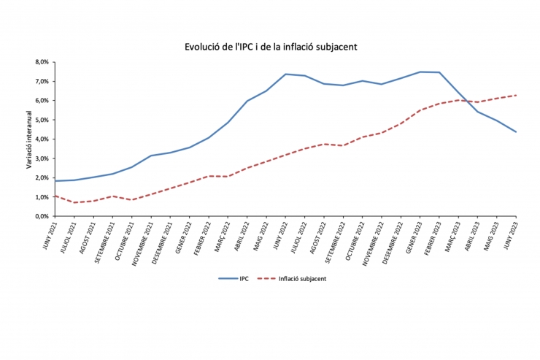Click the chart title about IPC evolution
pos(270,46)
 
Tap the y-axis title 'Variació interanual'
pos(29,139)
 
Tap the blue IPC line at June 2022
pos(285,74)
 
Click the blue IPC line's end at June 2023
pos(517,132)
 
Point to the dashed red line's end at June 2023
pos(517,95)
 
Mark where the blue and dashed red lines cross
pos(463,99)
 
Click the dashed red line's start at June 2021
pos(55,196)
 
